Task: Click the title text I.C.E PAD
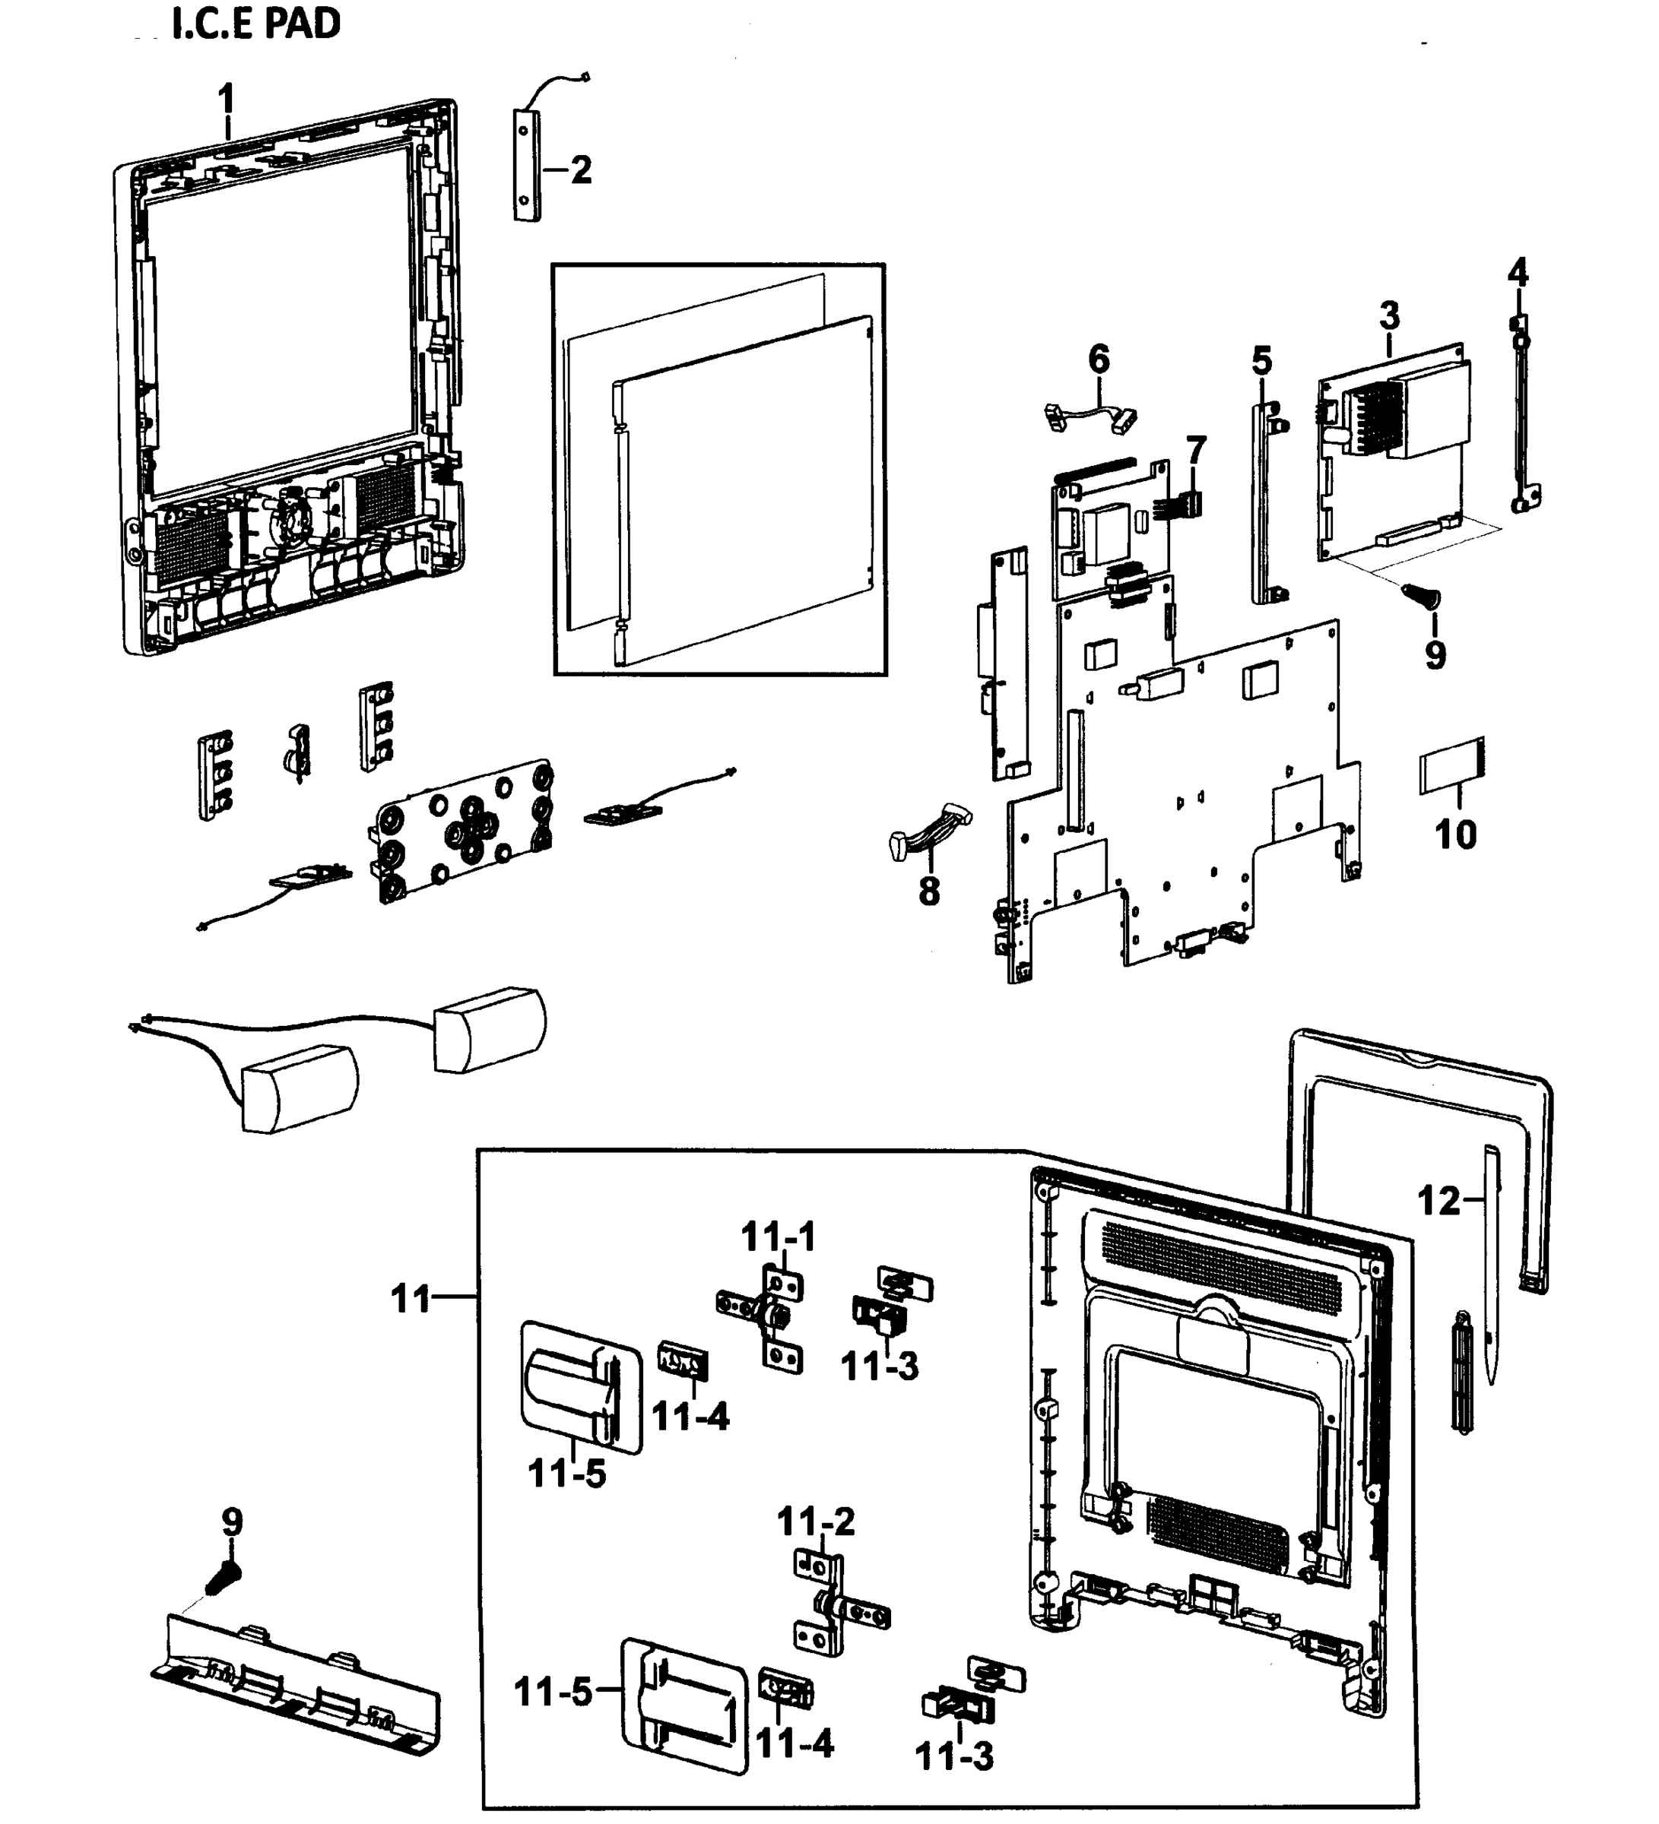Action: [255, 24]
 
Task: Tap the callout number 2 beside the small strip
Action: [580, 169]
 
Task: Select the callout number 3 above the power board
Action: [1389, 315]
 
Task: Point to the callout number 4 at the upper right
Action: [1518, 271]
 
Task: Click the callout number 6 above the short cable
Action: [1098, 359]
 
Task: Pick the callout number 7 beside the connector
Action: [1196, 450]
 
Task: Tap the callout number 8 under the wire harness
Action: [928, 891]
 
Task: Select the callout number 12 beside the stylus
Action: [1439, 1201]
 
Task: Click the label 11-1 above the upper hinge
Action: [779, 1237]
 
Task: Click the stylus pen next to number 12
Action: [1491, 1267]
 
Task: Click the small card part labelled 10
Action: [1451, 766]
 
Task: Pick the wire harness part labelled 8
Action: [931, 831]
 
